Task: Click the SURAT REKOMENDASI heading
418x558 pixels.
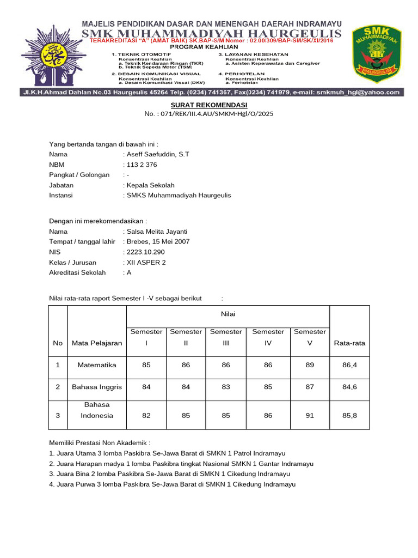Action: [209, 105]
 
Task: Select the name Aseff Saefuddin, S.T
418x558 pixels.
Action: [157, 154]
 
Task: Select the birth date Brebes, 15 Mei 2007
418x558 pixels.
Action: [158, 241]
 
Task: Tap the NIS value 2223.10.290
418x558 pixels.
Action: [145, 252]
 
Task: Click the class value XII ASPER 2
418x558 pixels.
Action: [146, 262]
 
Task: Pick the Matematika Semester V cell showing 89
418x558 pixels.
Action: [310, 365]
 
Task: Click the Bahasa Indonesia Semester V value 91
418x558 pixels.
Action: [310, 415]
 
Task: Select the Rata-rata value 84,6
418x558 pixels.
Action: [349, 387]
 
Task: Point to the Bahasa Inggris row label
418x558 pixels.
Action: [96, 387]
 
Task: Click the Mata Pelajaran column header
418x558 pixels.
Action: [96, 343]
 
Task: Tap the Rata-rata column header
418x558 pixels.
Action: [349, 343]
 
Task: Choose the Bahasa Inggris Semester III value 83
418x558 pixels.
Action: [226, 387]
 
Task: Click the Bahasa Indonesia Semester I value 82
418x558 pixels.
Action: [146, 415]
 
